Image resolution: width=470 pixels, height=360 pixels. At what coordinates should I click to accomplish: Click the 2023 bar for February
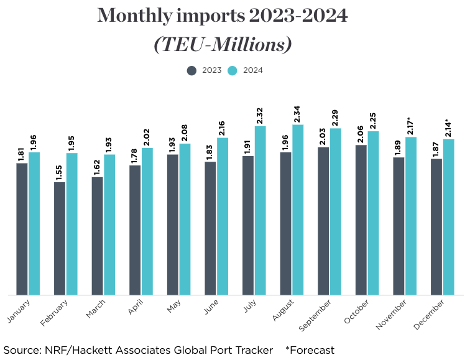click(x=60, y=238)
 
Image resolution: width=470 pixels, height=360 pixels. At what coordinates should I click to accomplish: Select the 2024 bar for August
click(x=298, y=210)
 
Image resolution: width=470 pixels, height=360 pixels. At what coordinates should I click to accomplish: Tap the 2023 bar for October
click(x=361, y=219)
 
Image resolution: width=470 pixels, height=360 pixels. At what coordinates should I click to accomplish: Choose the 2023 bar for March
click(x=97, y=236)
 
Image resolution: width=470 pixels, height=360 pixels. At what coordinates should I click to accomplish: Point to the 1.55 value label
click(x=60, y=172)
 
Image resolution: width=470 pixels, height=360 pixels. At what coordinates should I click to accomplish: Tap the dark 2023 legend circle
click(x=192, y=70)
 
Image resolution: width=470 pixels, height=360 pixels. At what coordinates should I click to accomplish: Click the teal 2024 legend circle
click(x=233, y=70)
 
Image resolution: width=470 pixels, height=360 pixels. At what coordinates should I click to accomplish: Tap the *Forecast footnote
click(x=310, y=350)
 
